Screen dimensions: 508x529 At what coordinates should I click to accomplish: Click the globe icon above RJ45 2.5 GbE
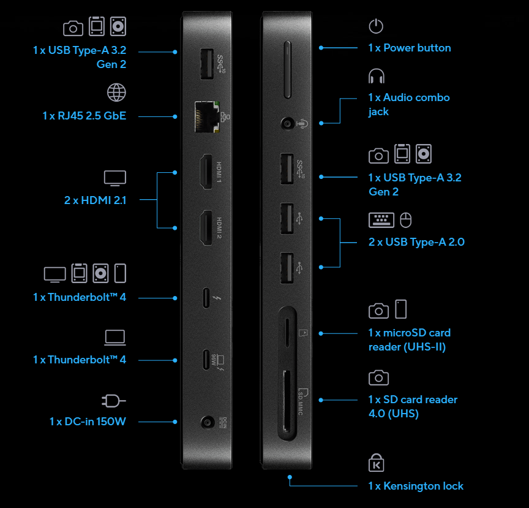pos(116,93)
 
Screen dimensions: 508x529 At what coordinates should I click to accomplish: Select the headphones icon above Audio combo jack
pos(376,77)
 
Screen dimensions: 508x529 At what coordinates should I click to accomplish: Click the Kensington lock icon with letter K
pos(376,463)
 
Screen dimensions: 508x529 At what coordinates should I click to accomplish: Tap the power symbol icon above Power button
pos(376,26)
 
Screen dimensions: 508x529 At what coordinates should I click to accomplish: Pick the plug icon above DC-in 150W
pos(114,401)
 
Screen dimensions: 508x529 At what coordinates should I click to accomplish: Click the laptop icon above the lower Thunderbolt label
pos(115,337)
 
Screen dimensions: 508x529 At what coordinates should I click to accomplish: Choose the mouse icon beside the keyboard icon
pos(405,219)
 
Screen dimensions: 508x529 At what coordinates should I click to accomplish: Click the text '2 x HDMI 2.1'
pos(95,199)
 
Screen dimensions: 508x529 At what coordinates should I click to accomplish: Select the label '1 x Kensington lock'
pos(416,486)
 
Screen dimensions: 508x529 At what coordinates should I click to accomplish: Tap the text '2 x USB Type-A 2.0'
pos(416,242)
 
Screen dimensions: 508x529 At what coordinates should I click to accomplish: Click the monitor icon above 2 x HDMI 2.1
pos(115,178)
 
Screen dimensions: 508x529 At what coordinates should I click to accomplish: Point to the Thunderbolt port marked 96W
pos(206,360)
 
